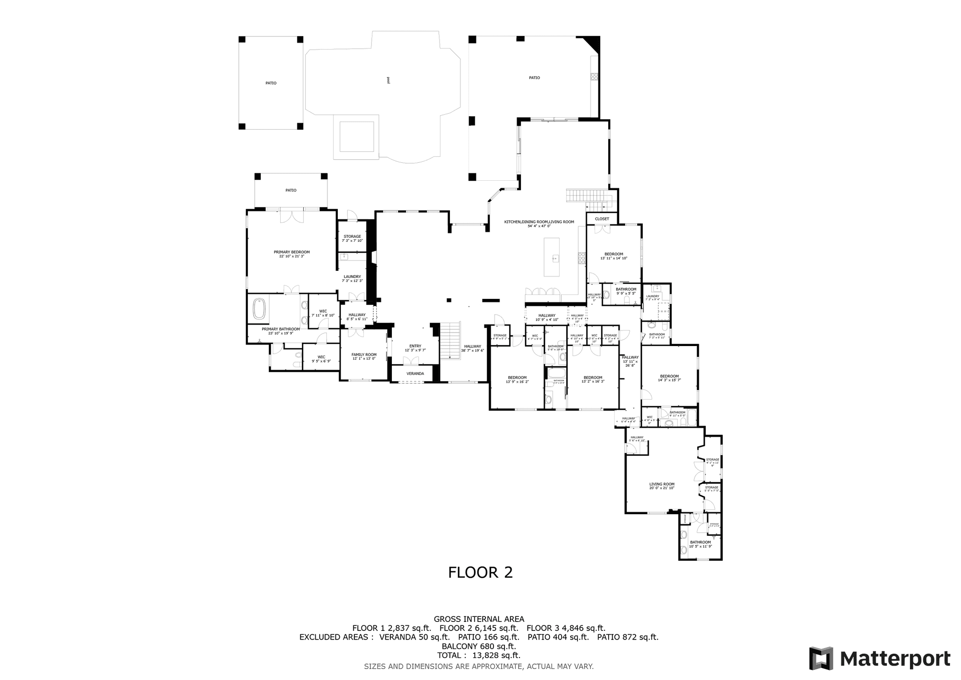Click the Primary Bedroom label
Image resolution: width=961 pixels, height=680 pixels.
(291, 254)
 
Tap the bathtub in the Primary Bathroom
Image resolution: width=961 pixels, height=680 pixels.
(259, 309)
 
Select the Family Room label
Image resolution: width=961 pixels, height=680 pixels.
(364, 357)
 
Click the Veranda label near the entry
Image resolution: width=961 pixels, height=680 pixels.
(415, 374)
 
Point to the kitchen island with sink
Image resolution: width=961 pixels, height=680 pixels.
(552, 257)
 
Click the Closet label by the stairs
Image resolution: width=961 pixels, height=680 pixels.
(602, 219)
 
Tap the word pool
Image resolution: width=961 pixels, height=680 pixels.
(388, 80)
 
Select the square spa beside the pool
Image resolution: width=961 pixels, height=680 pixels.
(356, 136)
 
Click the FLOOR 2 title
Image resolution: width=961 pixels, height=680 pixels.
(480, 572)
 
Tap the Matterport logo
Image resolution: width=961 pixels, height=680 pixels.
(879, 658)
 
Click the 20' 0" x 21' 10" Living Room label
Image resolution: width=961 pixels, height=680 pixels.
(662, 486)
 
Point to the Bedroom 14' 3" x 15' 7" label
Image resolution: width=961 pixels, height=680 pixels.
(669, 378)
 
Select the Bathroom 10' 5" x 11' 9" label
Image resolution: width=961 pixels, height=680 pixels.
(700, 544)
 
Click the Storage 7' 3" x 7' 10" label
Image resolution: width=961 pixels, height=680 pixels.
(352, 238)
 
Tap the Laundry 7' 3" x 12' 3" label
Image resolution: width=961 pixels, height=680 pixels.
(352, 278)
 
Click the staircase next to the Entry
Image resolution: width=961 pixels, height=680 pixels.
(450, 341)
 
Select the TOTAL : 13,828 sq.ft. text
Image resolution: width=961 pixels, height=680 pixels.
(478, 655)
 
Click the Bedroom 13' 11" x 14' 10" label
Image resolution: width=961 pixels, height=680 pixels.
(614, 256)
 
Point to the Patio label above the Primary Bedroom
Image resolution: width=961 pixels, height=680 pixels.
(291, 190)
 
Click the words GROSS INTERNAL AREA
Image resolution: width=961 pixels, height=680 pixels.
(478, 619)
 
